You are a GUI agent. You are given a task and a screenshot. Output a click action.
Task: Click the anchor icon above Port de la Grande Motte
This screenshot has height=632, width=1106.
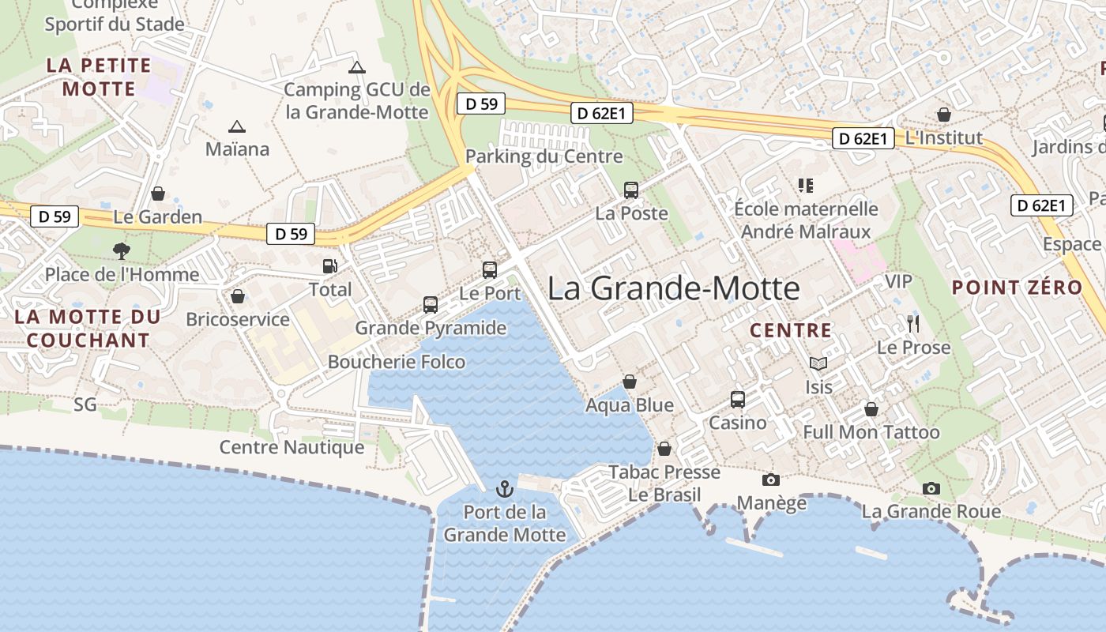[x=504, y=489]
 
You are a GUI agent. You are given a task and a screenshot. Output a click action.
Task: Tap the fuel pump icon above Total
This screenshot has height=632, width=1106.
[x=329, y=266]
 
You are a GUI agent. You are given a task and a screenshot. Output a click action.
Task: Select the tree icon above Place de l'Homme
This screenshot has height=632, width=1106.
[x=122, y=251]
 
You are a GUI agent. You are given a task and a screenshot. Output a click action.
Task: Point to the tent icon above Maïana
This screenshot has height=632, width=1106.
[x=236, y=126]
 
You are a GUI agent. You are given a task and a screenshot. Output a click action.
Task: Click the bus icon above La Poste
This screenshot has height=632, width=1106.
[x=630, y=190]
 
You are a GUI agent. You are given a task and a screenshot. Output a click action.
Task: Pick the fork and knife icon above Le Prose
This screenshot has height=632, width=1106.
[x=913, y=324]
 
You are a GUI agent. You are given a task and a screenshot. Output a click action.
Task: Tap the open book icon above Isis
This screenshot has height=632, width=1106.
[x=818, y=364]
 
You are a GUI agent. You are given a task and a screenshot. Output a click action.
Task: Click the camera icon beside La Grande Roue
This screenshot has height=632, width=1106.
[x=931, y=489]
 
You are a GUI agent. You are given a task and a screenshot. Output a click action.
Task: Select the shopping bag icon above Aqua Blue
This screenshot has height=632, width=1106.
[x=630, y=382]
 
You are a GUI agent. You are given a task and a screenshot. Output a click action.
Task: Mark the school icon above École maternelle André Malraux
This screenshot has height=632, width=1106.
[x=805, y=186]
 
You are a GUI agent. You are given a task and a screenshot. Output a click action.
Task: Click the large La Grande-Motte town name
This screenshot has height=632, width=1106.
[x=674, y=288]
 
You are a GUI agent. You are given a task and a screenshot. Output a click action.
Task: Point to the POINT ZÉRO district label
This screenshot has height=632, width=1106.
[x=1017, y=288]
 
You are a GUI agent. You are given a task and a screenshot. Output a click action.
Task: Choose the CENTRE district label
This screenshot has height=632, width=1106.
[x=790, y=330]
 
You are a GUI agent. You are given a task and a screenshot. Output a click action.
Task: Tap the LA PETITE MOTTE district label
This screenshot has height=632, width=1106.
[x=99, y=77]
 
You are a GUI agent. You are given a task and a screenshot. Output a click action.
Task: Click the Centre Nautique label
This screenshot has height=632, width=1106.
[x=292, y=447]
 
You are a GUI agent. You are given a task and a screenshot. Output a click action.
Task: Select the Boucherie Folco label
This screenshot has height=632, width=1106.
[x=396, y=362]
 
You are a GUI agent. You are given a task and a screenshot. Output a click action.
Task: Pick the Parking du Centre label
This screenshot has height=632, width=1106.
[x=544, y=156]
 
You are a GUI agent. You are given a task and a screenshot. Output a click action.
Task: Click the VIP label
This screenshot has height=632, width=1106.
[x=898, y=281]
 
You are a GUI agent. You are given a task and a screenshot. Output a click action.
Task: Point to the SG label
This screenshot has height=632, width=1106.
[x=85, y=404]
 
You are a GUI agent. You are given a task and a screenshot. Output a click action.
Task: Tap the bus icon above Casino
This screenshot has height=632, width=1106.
[x=737, y=400]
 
